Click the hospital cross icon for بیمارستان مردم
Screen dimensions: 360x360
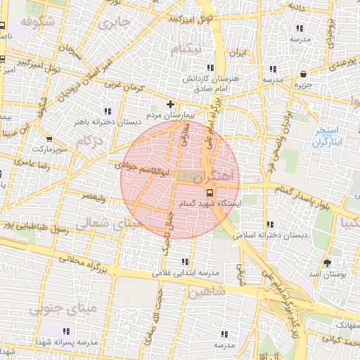tap(170, 104)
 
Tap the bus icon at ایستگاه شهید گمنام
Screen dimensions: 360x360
tap(210, 192)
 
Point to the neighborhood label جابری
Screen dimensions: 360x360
tap(115, 23)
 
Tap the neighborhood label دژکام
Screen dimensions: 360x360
tap(90, 141)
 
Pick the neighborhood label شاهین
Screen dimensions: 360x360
tap(207, 290)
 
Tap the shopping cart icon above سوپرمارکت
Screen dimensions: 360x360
tap(49, 139)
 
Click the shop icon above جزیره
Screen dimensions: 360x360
tap(303, 74)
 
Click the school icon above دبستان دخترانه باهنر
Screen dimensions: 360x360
tap(108, 111)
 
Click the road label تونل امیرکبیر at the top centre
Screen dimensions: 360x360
tap(178, 18)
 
